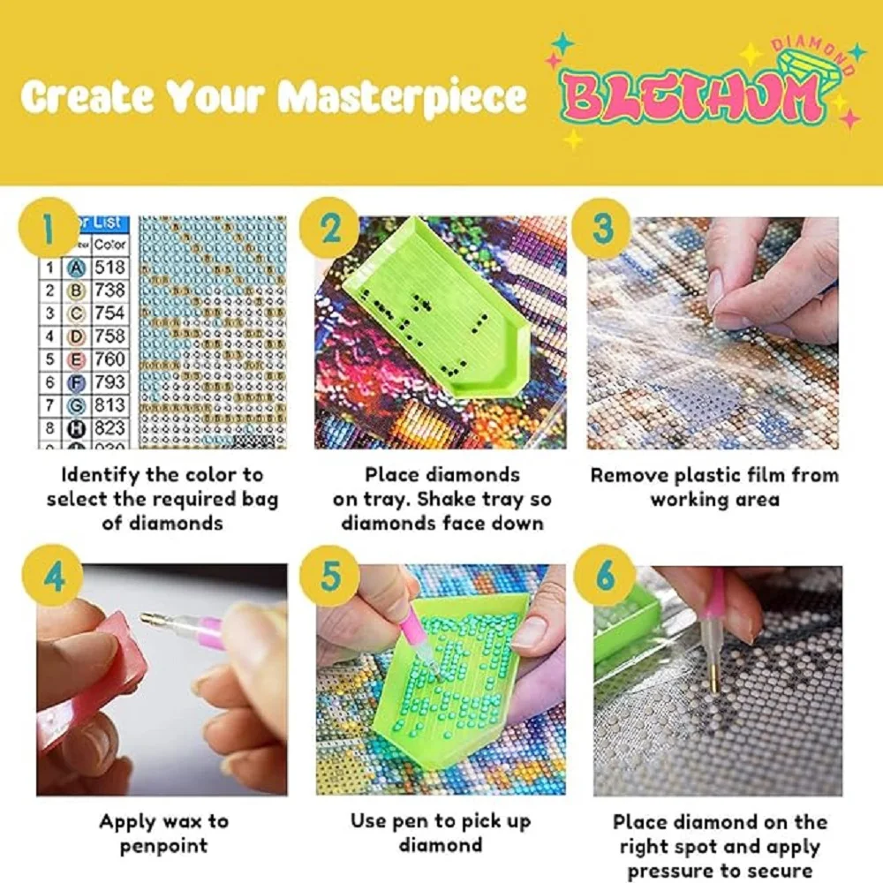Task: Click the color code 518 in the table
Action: pos(110,267)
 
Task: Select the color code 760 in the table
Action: pos(110,359)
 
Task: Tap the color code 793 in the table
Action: pos(110,382)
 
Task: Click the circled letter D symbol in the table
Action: pos(76,336)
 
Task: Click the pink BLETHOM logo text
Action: pos(693,97)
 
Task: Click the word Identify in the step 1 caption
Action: pos(100,475)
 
